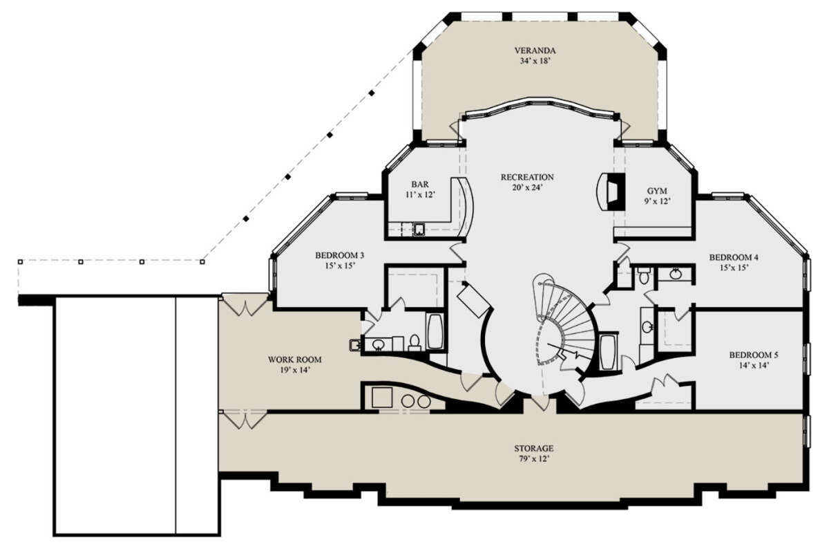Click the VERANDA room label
point(535,50)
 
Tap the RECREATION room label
point(527,177)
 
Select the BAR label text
point(420,184)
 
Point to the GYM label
point(657,191)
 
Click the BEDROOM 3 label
point(339,255)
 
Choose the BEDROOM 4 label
point(734,257)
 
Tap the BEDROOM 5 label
point(754,355)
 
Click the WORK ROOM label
point(294,360)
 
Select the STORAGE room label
point(533,448)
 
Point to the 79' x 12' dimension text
point(533,459)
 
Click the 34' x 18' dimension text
point(535,61)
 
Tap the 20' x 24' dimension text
point(527,187)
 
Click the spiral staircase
point(564,322)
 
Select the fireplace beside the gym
point(611,192)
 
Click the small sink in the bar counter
point(419,230)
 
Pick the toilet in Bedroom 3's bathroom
point(414,343)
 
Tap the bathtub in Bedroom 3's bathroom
point(435,332)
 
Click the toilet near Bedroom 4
point(644,275)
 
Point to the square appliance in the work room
point(382,398)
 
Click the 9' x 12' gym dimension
point(657,201)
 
